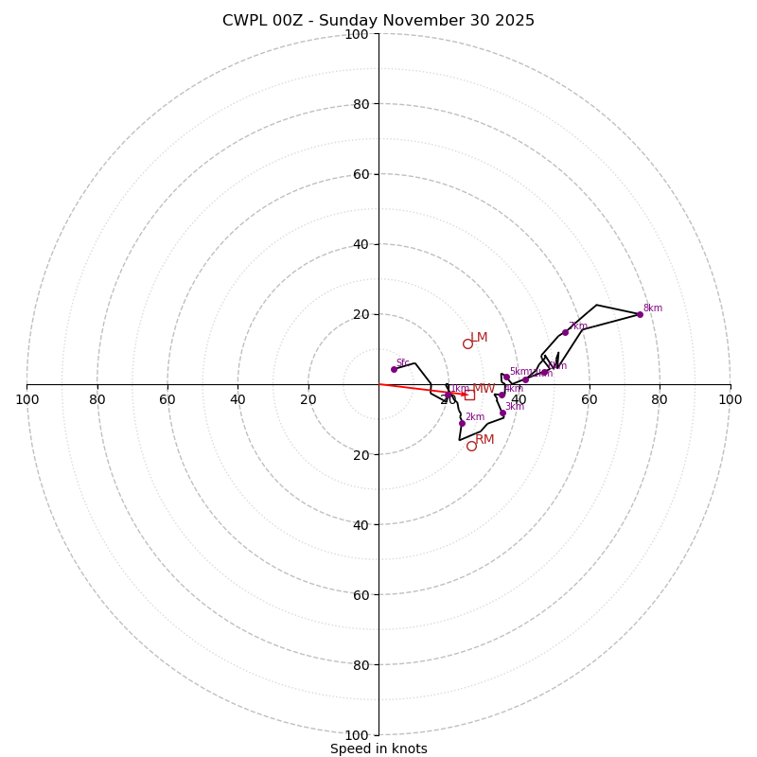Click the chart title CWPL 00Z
[378, 21]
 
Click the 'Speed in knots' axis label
[378, 748]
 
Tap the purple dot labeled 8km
[640, 314]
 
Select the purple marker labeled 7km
[565, 332]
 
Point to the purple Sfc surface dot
[394, 369]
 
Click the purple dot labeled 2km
[462, 423]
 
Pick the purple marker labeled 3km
[502, 413]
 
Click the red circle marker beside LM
[467, 343]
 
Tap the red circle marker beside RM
[471, 446]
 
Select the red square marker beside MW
[469, 395]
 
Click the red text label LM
[479, 338]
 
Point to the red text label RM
[484, 440]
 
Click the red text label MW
[484, 389]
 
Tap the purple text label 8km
[652, 308]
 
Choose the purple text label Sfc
[402, 363]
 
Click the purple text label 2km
[474, 417]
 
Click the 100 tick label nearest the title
[357, 34]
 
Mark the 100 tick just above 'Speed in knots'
[357, 734]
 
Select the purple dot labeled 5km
[506, 377]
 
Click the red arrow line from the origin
[416, 389]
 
